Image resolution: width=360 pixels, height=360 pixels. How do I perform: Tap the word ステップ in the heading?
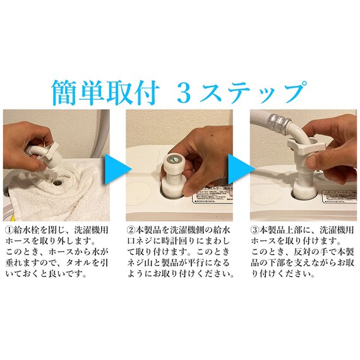[x=263, y=92]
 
